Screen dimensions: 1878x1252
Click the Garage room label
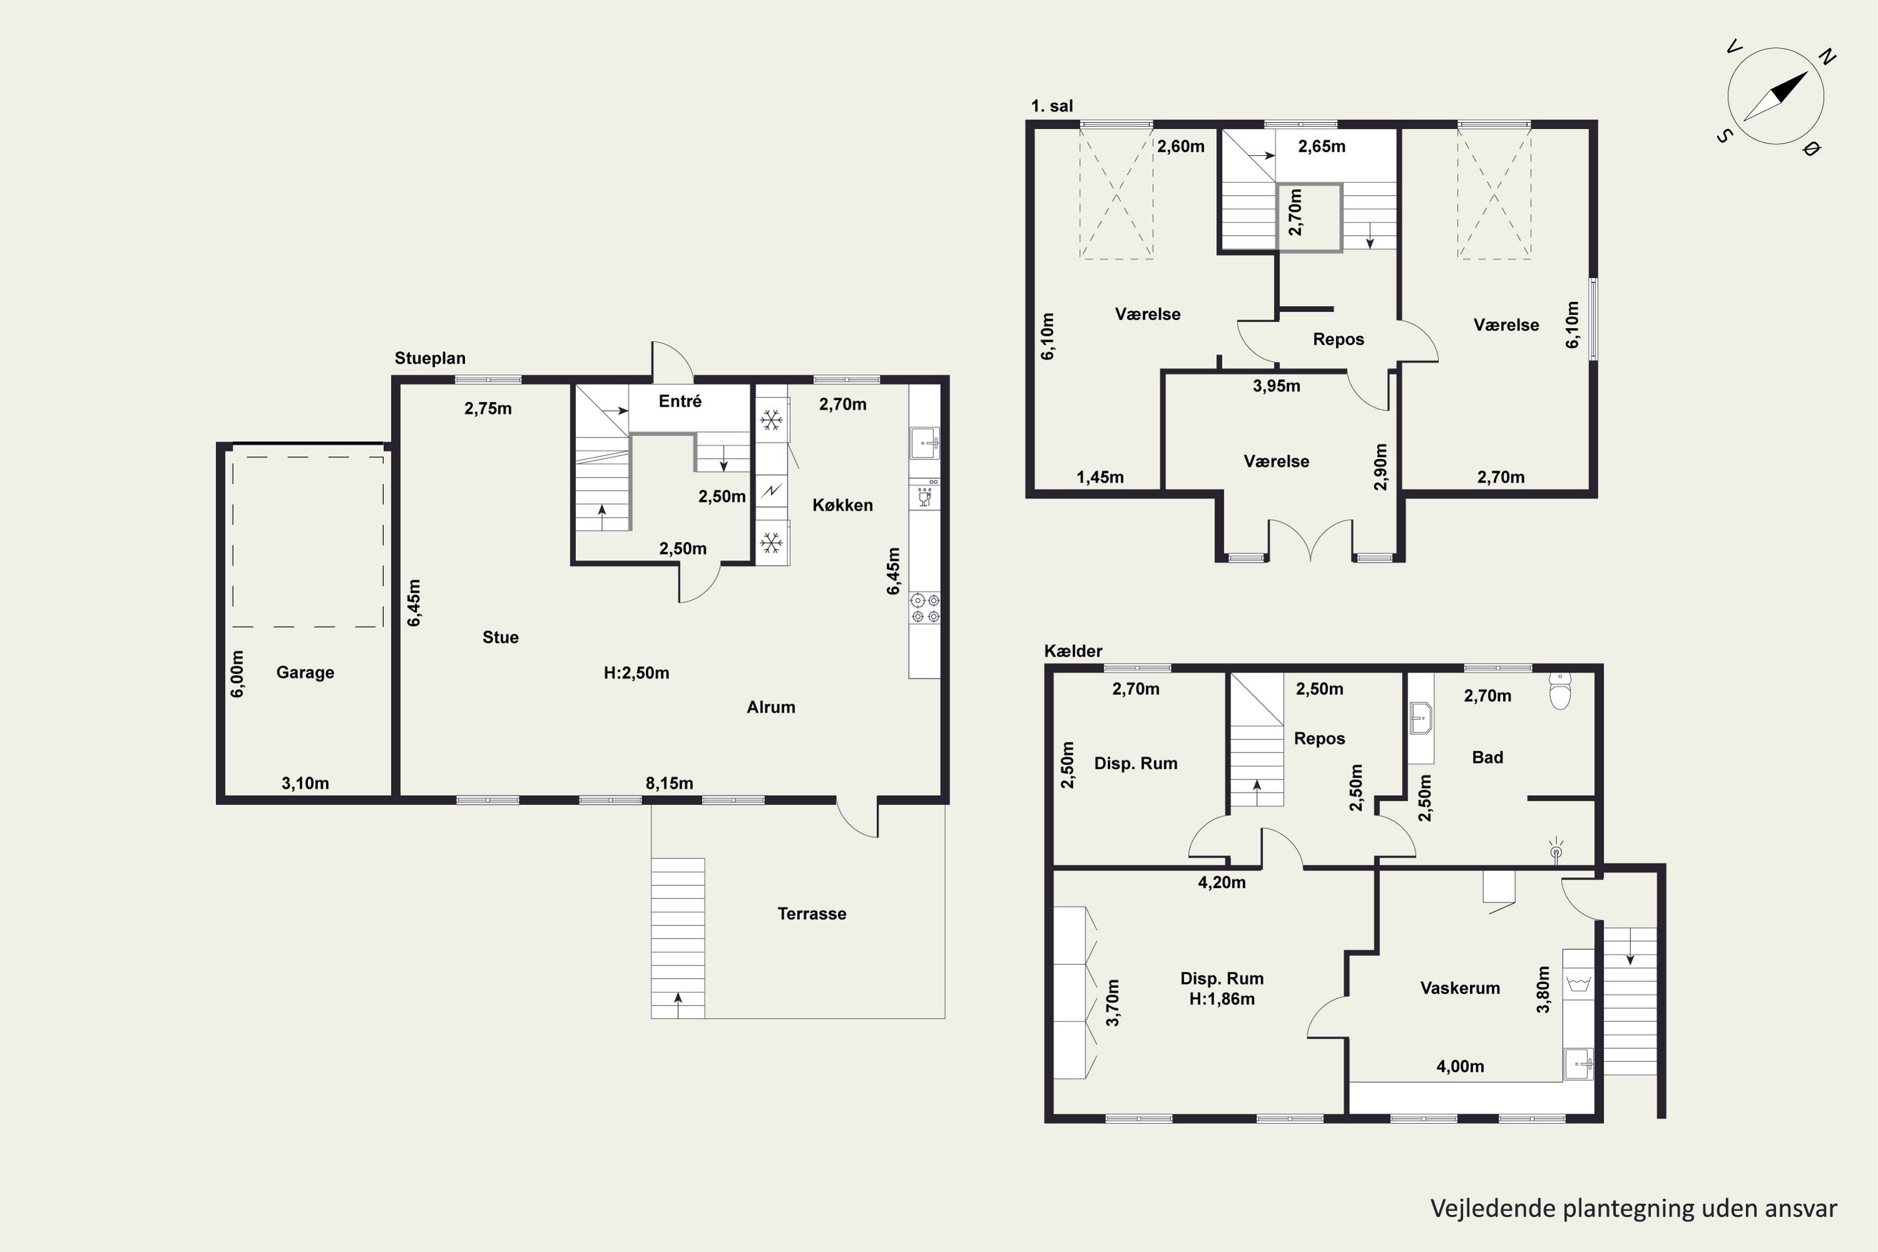[x=305, y=672]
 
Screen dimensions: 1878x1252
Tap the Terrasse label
[x=811, y=913]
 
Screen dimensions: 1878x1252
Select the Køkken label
[x=843, y=505]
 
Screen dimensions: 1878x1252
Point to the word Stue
[x=501, y=637]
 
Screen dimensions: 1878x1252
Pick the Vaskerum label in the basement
[x=1460, y=988]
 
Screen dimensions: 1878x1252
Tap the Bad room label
[x=1487, y=757]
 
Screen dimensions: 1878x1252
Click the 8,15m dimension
[x=669, y=783]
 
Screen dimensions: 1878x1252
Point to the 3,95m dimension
[x=1276, y=386]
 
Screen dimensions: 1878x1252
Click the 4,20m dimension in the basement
[x=1222, y=882]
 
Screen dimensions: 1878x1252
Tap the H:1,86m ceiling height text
[x=1222, y=999]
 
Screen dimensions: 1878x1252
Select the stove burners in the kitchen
[x=925, y=608]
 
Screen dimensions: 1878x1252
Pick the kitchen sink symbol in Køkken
[x=925, y=443]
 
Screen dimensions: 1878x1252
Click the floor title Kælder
[x=1073, y=651]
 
